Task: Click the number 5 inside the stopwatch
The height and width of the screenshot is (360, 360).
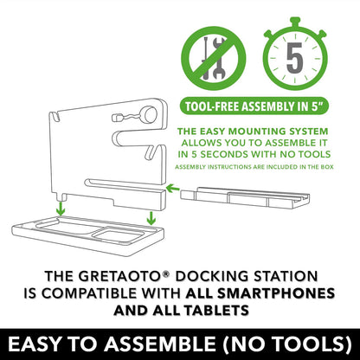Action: pyautogui.click(x=294, y=58)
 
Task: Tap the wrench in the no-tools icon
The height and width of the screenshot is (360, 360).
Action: pyautogui.click(x=219, y=59)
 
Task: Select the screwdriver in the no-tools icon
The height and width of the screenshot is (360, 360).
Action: pyautogui.click(x=206, y=58)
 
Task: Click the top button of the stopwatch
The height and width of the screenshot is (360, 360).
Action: pyautogui.click(x=295, y=22)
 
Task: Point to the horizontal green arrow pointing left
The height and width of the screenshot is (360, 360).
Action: pyautogui.click(x=173, y=189)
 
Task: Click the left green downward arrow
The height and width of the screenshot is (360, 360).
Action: pyautogui.click(x=61, y=209)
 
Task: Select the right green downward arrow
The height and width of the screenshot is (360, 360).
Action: pyautogui.click(x=151, y=218)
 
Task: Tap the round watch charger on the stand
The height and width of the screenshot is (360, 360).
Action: pyautogui.click(x=150, y=115)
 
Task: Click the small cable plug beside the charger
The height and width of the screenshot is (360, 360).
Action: pyautogui.click(x=117, y=118)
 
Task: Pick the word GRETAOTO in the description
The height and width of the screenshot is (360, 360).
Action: pyautogui.click(x=119, y=276)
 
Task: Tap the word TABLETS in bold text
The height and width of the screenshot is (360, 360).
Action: pyautogui.click(x=216, y=311)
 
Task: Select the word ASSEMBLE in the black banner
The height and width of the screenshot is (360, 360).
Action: pyautogui.click(x=159, y=344)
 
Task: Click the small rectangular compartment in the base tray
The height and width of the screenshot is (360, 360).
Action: pyautogui.click(x=119, y=235)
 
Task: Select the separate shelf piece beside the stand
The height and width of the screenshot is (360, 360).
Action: pyautogui.click(x=245, y=197)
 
